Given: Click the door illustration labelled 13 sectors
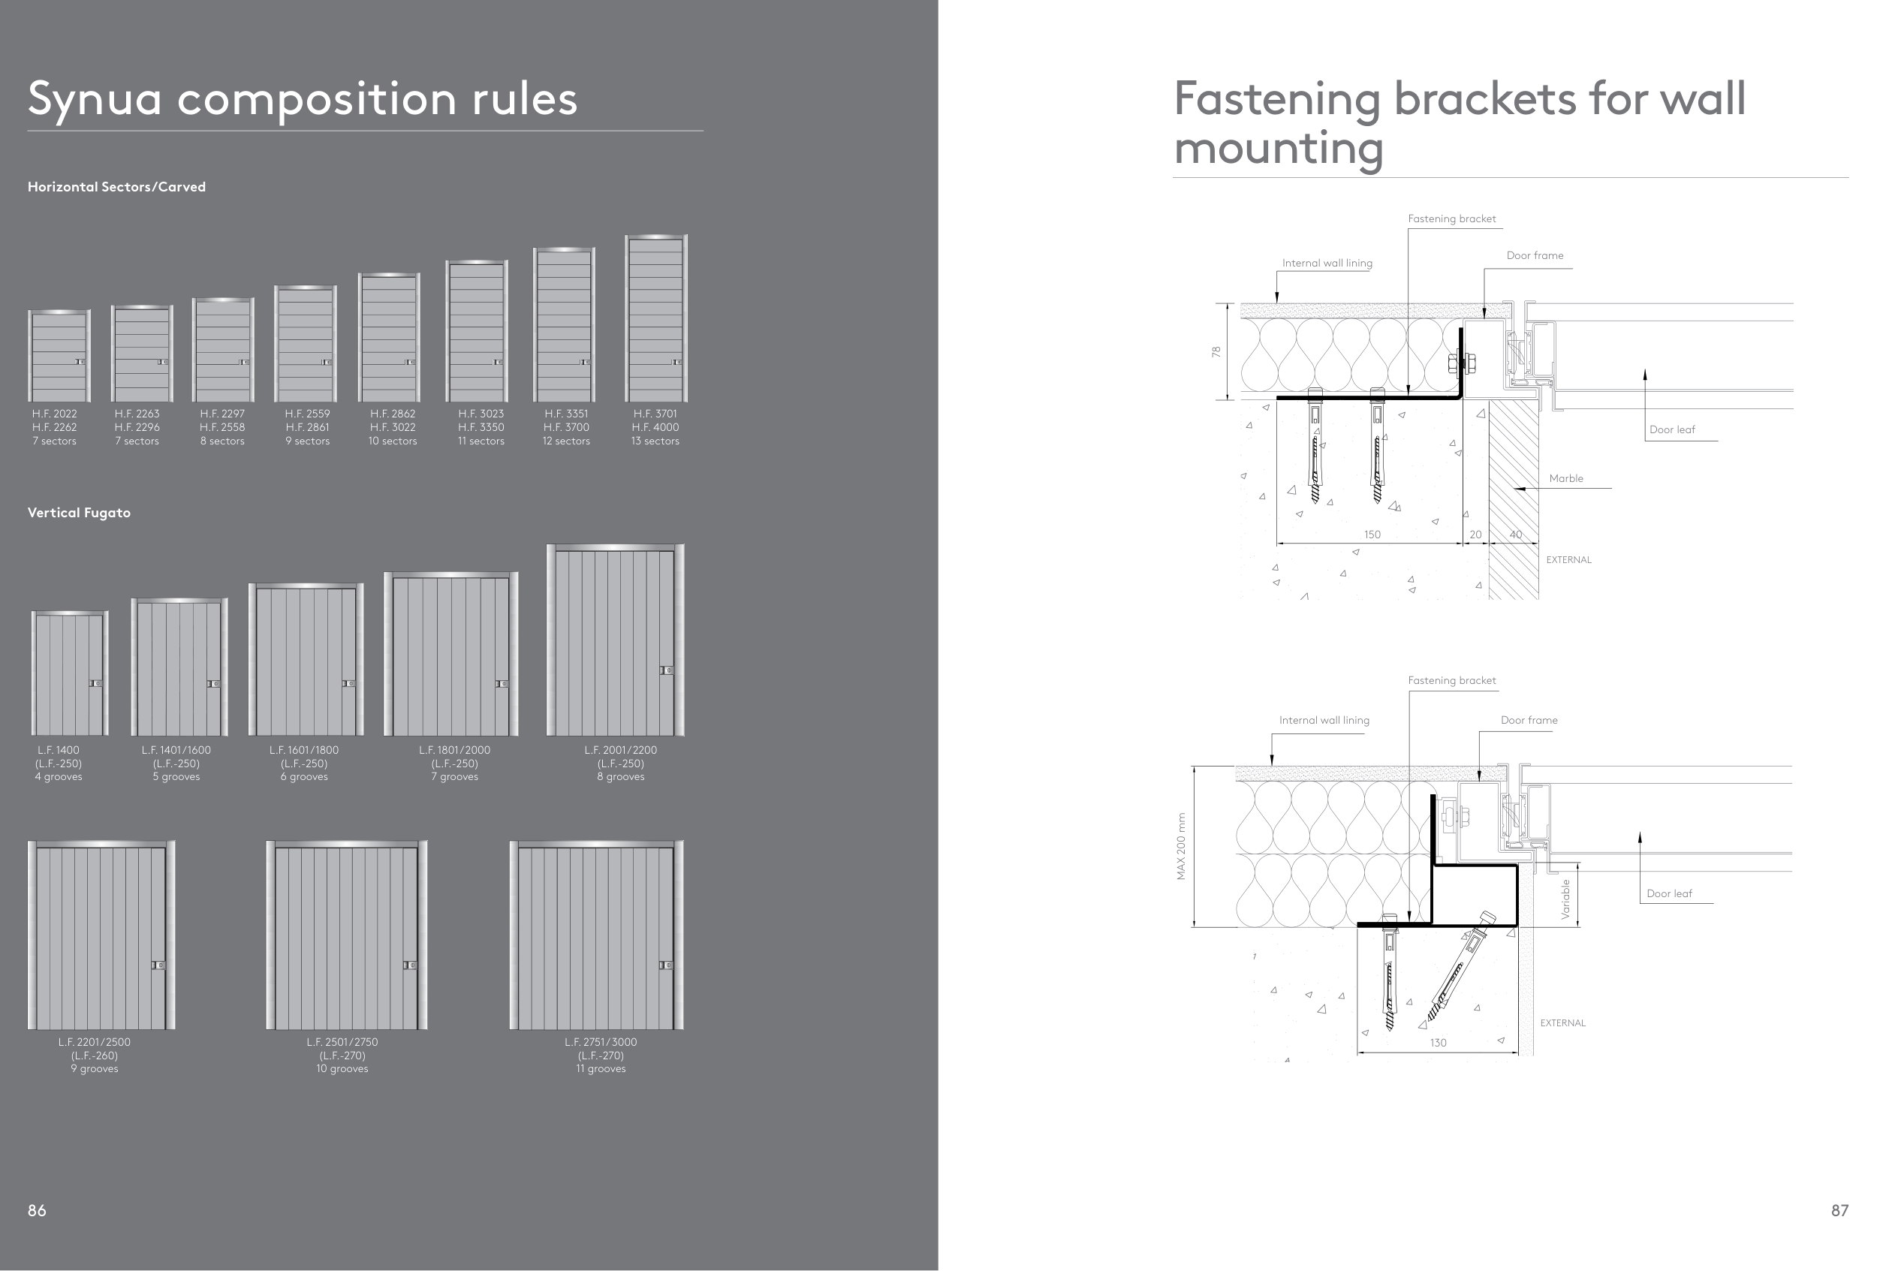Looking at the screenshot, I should pos(655,318).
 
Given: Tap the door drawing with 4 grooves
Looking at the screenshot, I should pos(70,673).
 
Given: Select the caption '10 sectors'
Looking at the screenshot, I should pos(393,441).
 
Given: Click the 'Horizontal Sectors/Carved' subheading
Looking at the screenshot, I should pos(116,186).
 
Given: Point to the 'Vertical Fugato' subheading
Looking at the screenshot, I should pos(79,513).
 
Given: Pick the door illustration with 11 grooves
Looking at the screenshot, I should pos(596,935).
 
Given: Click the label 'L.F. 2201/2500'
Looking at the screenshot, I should pos(94,1042).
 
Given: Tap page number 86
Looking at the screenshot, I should pos(37,1209).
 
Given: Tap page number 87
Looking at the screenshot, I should pos(1839,1209).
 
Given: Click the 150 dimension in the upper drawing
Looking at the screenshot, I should pos(1372,535).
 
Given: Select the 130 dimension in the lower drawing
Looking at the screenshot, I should pos(1438,1043).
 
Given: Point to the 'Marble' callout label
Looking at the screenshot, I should pos(1566,478).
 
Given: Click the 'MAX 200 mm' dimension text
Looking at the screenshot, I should pos(1182,846).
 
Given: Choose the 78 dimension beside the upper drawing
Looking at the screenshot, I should pos(1216,352).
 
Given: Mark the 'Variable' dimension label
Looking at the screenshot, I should pos(1566,899).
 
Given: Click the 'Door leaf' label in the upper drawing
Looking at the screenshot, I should pos(1672,429).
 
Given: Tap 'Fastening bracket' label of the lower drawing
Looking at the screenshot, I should pos(1451,681).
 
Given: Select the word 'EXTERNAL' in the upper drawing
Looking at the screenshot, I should pos(1568,559).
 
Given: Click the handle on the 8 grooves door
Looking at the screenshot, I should pos(666,670).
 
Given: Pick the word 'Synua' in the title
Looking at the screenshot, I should pos(95,98).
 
